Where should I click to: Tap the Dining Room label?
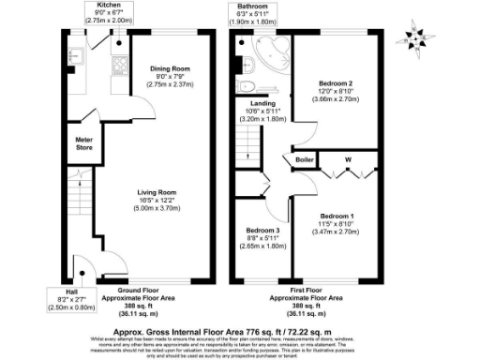pos(170,68)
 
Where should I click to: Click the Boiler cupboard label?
pos(305,160)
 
